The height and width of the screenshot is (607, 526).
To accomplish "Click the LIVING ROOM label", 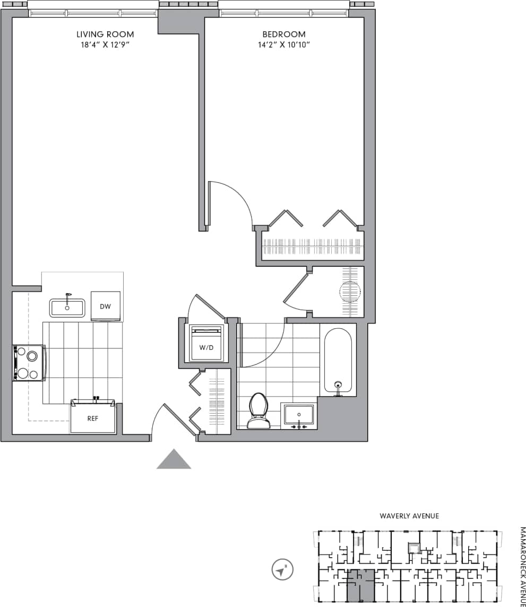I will (105, 34).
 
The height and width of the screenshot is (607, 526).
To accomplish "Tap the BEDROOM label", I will (284, 34).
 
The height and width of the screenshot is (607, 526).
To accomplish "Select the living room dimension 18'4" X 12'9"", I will (105, 45).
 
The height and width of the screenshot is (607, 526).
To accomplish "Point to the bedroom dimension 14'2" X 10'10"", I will (284, 45).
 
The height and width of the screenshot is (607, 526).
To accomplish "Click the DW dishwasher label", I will (105, 306).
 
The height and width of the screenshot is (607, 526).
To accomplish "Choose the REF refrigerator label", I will (93, 418).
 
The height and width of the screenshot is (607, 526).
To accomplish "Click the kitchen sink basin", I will (67, 307).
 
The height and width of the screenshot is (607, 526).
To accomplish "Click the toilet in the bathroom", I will (258, 411).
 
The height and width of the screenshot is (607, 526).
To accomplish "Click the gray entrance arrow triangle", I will (174, 460).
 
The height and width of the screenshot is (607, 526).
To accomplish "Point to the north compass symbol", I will (281, 570).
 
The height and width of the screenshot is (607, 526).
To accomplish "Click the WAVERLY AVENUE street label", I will (409, 516).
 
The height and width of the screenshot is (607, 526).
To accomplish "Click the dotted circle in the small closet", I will (349, 292).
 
